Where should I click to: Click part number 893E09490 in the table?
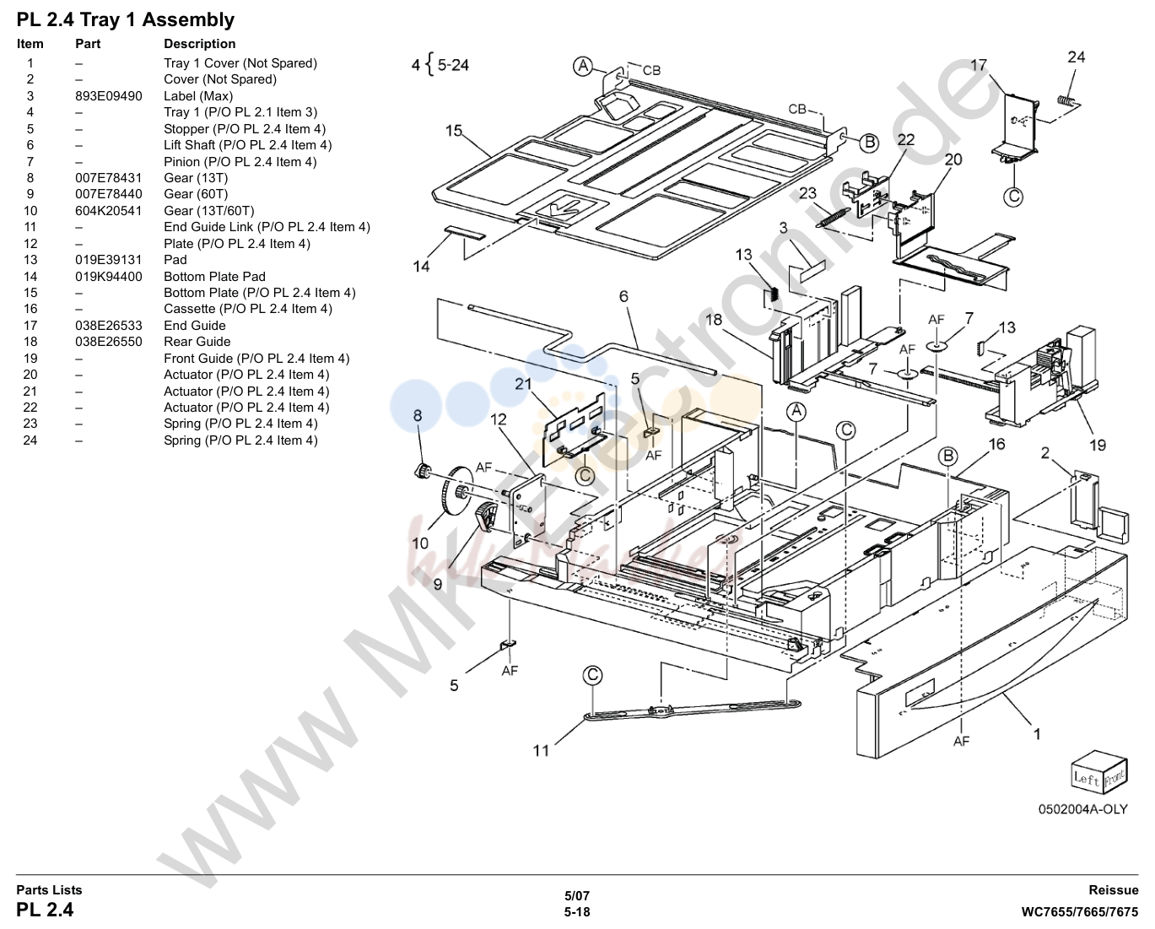click(109, 96)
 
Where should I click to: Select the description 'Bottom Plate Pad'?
click(214, 277)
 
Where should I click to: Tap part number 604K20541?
click(109, 211)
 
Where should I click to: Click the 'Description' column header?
click(200, 44)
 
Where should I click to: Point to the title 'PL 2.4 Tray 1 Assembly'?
click(126, 20)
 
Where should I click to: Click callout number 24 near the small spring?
click(1076, 57)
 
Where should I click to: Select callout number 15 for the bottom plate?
click(454, 131)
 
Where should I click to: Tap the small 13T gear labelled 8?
click(423, 472)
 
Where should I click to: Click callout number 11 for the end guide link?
click(541, 750)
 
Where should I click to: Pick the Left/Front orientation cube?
click(1099, 772)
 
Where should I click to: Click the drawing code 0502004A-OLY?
click(1083, 809)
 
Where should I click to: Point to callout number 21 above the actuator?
click(523, 384)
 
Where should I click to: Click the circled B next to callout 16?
click(947, 456)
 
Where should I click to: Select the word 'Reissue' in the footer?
click(1113, 890)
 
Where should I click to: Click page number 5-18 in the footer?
click(577, 912)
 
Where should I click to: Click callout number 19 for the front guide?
click(1098, 446)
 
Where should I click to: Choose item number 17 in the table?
click(30, 326)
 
